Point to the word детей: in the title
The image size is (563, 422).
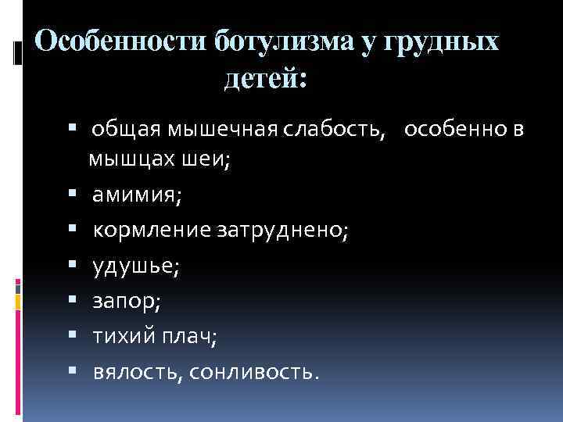[267, 78]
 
